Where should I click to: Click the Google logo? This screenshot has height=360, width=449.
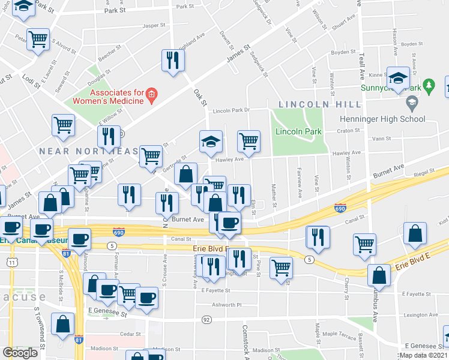pyautogui.click(x=20, y=352)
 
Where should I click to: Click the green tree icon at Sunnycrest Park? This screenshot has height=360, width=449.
pyautogui.click(x=429, y=86)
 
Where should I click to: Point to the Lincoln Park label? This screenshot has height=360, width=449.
pyautogui.click(x=298, y=131)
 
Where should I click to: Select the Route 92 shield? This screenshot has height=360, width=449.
pyautogui.click(x=206, y=319)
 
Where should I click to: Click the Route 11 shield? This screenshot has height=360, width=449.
pyautogui.click(x=12, y=262)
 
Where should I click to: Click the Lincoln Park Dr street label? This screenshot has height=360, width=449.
pyautogui.click(x=231, y=110)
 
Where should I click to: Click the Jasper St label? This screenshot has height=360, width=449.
pyautogui.click(x=154, y=26)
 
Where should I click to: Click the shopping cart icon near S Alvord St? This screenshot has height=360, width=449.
pyautogui.click(x=38, y=40)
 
